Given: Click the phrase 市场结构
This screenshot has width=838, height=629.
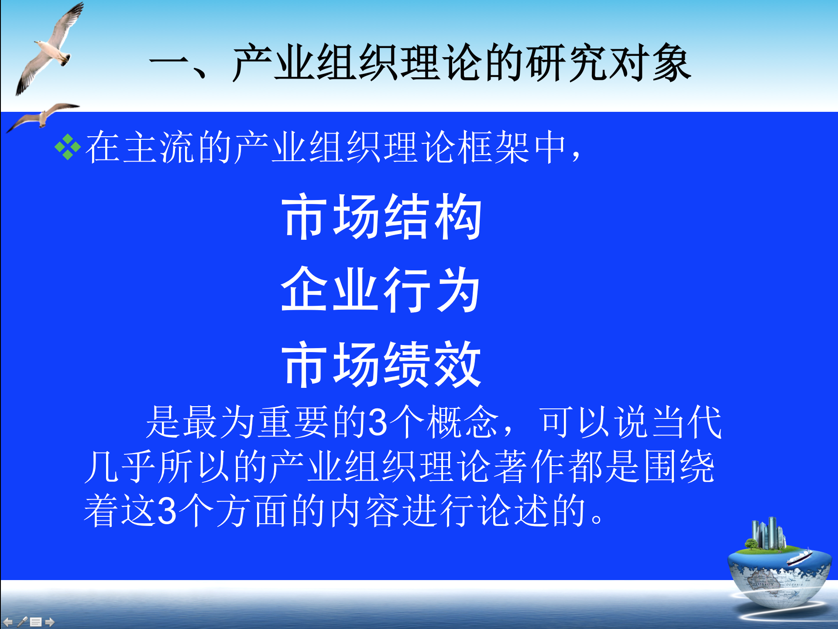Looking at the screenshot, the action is [382, 217].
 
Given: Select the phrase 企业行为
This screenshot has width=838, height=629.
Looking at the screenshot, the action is [381, 290].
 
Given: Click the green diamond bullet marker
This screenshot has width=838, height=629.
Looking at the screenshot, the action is [68, 147].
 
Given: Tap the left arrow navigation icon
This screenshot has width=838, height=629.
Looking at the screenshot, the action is [8, 622].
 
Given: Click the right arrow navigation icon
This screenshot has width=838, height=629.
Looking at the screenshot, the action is [50, 622].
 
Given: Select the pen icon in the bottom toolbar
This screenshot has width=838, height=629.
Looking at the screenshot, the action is [22, 622].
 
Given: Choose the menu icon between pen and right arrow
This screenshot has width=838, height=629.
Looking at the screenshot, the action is [36, 622].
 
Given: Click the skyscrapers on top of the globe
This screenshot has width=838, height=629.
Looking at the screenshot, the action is [768, 533].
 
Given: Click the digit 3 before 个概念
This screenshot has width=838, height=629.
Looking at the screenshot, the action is [378, 422].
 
